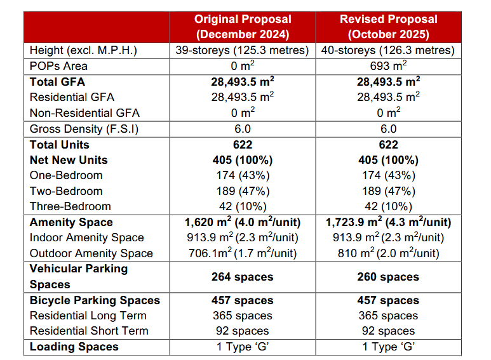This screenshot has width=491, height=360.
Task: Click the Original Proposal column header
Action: (242, 27)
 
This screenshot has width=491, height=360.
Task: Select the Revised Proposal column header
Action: (388, 27)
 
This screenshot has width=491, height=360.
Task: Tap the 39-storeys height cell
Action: (242, 51)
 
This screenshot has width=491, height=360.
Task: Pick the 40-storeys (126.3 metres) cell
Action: (388, 51)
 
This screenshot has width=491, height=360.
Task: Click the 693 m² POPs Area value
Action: (388, 66)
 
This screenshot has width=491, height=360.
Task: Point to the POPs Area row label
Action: (58, 66)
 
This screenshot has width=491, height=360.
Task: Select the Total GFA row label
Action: (57, 82)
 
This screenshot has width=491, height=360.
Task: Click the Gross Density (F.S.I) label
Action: (84, 129)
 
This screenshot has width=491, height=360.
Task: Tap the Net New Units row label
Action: (69, 160)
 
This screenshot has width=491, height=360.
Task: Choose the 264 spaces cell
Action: (242, 277)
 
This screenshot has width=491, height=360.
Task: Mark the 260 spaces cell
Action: (388, 277)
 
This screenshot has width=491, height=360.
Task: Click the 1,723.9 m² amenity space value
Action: (388, 222)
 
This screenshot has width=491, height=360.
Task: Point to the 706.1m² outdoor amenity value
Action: (242, 253)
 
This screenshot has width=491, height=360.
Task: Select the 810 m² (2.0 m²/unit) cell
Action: (388, 253)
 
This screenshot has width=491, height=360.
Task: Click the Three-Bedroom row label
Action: (71, 206)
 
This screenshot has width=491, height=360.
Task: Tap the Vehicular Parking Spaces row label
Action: (79, 276)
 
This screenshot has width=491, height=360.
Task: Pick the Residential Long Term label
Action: (88, 316)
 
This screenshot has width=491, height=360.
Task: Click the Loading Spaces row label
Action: (74, 347)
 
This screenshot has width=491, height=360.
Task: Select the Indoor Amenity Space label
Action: (87, 237)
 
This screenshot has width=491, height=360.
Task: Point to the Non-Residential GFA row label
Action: (84, 113)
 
